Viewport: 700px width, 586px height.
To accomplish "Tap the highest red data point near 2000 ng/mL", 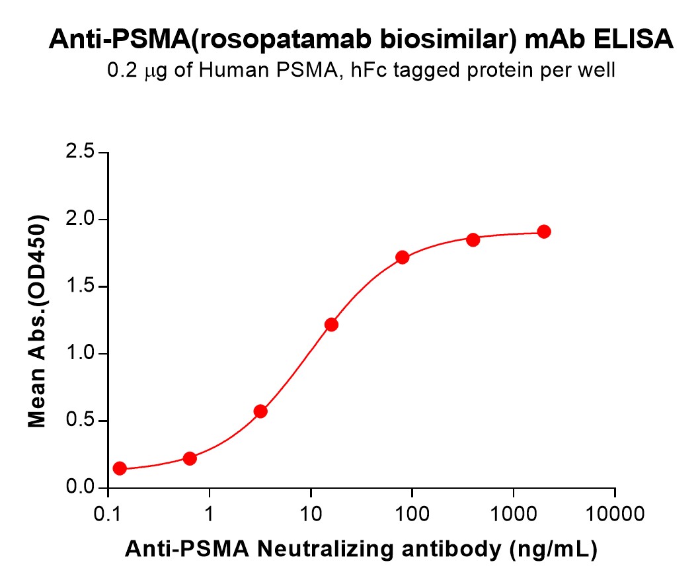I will tap(544, 231).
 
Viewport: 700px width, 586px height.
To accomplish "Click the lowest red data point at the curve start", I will tap(120, 468).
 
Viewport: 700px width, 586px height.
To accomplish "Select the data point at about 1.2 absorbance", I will tap(331, 325).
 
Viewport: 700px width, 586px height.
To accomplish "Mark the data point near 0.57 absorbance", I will tap(260, 411).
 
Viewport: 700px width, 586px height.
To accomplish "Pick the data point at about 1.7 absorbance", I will tap(402, 257).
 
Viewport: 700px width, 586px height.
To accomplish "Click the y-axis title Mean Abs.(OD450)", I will tap(38, 321).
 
